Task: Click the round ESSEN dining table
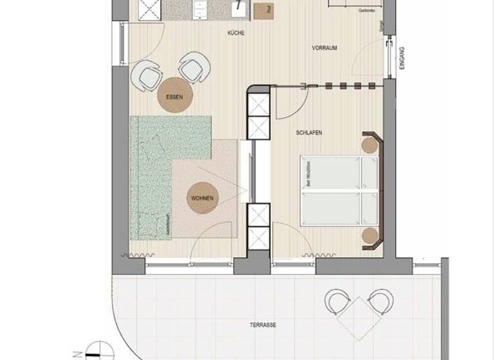[174, 97]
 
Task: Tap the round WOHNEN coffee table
[201, 198]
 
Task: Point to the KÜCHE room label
[236, 33]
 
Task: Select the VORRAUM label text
[325, 48]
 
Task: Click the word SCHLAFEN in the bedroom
[309, 133]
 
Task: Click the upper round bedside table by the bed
[369, 145]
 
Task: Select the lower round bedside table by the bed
[369, 235]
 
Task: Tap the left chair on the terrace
[337, 301]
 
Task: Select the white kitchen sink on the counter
[239, 8]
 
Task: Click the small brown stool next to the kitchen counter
[262, 10]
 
